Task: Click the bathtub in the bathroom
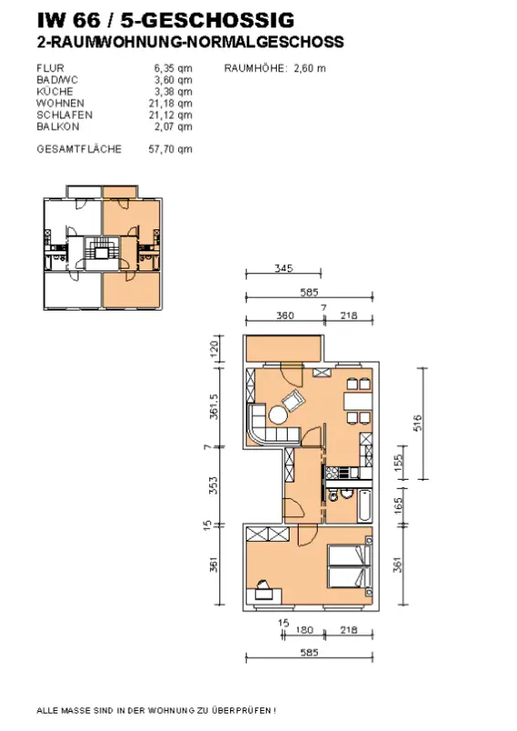pyautogui.click(x=365, y=506)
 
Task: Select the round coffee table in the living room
pyautogui.click(x=278, y=415)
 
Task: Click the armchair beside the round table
pyautogui.click(x=293, y=400)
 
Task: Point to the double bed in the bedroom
pyautogui.click(x=351, y=567)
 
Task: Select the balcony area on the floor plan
pyautogui.click(x=284, y=349)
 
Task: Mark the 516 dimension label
pyautogui.click(x=417, y=422)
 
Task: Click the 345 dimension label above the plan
pyautogui.click(x=283, y=268)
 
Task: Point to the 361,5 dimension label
pyautogui.click(x=214, y=406)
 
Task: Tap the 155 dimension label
pyautogui.click(x=398, y=463)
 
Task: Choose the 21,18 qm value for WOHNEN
pyautogui.click(x=171, y=103)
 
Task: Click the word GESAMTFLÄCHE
pyautogui.click(x=79, y=149)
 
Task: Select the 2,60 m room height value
pyautogui.click(x=310, y=69)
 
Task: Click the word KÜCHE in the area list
pyautogui.click(x=55, y=92)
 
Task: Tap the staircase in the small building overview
pyautogui.click(x=101, y=254)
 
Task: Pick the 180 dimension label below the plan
pyautogui.click(x=304, y=630)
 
